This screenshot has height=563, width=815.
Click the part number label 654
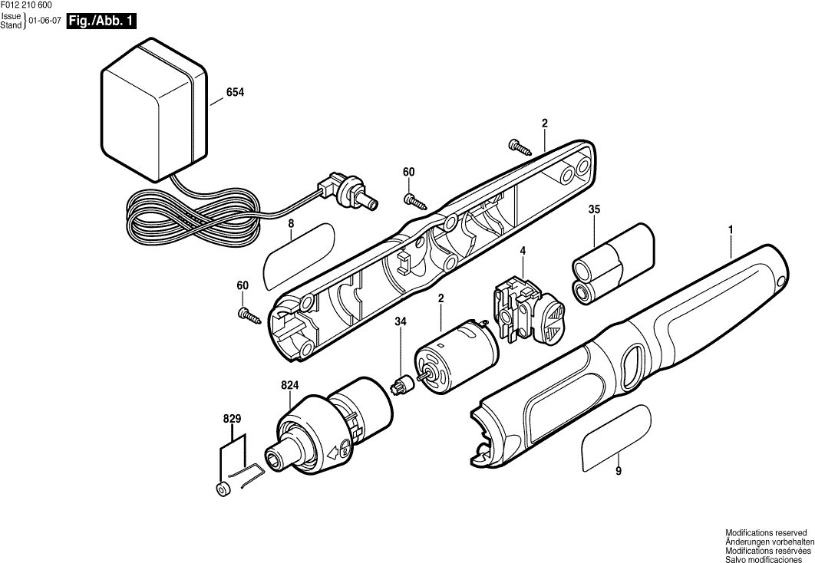pyautogui.click(x=235, y=93)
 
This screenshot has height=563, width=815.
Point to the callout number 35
pyautogui.click(x=595, y=209)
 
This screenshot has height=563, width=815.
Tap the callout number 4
pyautogui.click(x=522, y=251)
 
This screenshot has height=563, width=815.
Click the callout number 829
pyautogui.click(x=233, y=419)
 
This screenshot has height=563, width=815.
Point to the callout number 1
pyautogui.click(x=731, y=229)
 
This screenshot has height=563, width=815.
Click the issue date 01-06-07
pyautogui.click(x=45, y=22)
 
